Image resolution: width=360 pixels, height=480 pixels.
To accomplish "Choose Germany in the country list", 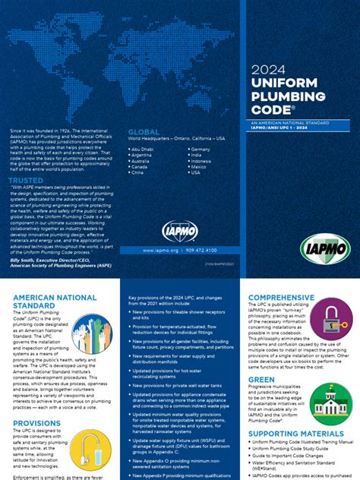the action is (201, 150).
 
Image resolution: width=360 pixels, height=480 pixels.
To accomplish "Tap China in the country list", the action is (139, 172).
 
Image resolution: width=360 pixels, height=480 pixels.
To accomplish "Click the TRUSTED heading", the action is (25, 181).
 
